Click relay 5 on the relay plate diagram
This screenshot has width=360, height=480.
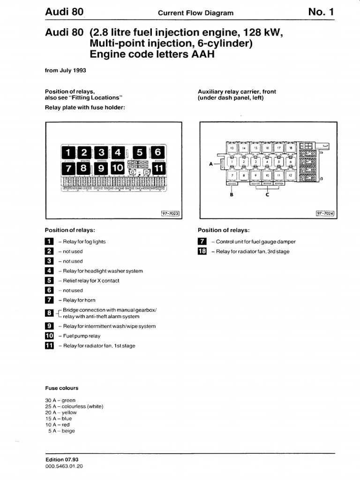coord(140,152)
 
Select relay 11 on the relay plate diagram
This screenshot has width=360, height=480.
coord(158,168)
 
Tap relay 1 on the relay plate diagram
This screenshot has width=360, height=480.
coord(68,152)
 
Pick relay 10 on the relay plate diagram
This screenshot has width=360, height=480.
coord(117,168)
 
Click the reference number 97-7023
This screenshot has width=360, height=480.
coord(170,213)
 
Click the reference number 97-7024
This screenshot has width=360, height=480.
coord(325,213)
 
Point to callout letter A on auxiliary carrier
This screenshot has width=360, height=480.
coord(211,164)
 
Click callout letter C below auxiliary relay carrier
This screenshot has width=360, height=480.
coord(267,195)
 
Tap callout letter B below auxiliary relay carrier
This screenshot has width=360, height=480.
coord(232,195)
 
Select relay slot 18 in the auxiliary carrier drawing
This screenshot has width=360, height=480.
coord(290,148)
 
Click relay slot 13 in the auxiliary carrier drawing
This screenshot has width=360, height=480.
coord(232,148)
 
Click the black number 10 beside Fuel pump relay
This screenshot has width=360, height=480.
coord(49,336)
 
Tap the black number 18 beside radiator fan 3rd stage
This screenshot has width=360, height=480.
coord(202,252)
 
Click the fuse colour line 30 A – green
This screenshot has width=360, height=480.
coord(60,400)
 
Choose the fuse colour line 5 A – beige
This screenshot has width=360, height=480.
coord(61,431)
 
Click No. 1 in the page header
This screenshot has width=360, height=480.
coord(321,12)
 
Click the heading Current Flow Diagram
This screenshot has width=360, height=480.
coord(195,13)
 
